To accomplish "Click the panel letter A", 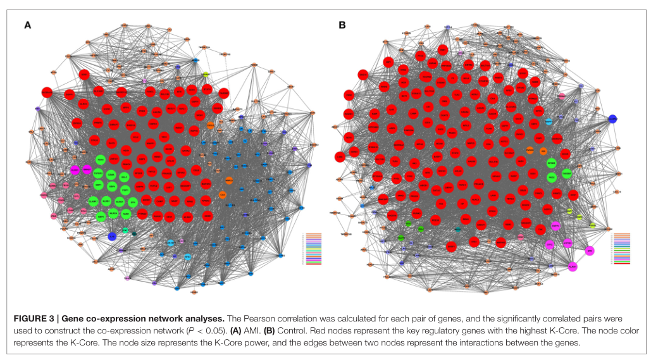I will click(27, 25).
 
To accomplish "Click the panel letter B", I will click(342, 25).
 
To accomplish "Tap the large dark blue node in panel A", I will click(111, 237).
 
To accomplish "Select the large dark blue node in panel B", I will click(612, 118).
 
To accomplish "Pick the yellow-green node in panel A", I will click(206, 75).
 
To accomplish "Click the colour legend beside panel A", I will click(314, 249).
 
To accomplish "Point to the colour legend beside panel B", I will click(624, 249).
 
